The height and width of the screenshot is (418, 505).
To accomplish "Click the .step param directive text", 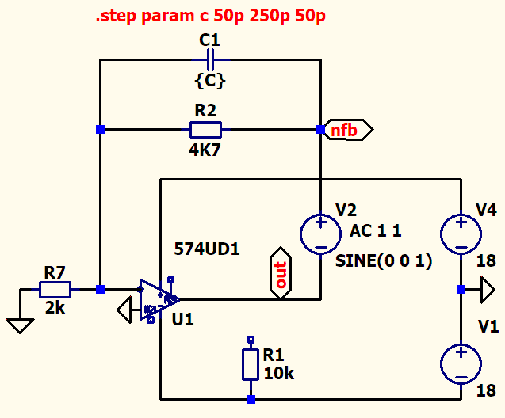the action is [x=211, y=16].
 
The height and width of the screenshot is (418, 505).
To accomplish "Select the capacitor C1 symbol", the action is [x=210, y=60].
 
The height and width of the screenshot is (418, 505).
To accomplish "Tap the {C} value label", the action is [x=210, y=81].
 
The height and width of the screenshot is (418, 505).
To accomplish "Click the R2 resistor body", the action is [x=205, y=130].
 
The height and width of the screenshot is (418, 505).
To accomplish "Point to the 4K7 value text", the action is [x=205, y=150].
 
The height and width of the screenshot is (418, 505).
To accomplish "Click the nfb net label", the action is [x=349, y=130].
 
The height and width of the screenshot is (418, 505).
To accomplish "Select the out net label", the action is [x=281, y=273].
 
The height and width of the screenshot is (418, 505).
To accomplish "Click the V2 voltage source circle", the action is [x=320, y=234].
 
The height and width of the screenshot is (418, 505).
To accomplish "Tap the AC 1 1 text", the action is [x=376, y=231].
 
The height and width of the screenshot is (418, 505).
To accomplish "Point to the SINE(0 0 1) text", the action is [x=384, y=260].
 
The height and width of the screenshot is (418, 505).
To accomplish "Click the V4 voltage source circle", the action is [x=461, y=234].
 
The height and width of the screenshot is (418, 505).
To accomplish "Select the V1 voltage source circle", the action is [x=461, y=364].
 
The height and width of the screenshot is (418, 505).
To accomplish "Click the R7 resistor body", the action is [x=55, y=290].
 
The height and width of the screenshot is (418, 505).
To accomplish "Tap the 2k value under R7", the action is [x=55, y=308].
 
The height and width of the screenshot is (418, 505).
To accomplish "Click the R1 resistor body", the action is [x=251, y=365].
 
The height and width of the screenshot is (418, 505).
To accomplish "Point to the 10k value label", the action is [x=278, y=374].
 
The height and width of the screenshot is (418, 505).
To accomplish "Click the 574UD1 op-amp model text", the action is [x=207, y=249].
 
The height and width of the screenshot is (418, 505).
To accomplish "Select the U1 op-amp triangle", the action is [x=159, y=300].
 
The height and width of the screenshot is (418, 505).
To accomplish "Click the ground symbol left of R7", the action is [x=20, y=325].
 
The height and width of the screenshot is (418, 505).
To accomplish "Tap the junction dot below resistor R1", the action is [x=251, y=399].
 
